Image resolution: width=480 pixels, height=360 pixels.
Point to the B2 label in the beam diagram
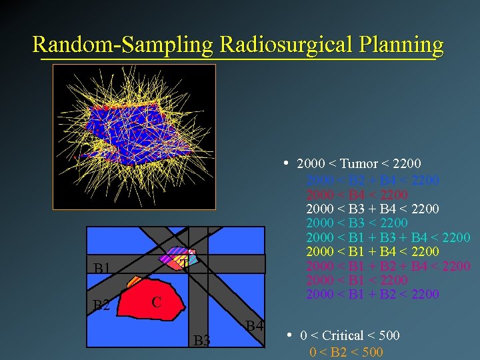(101, 306)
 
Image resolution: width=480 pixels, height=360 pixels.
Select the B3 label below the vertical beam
(202, 341)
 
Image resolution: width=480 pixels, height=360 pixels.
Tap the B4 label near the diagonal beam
(254, 326)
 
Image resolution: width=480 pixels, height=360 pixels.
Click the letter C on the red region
(155, 301)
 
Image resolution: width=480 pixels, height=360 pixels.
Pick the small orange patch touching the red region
(133, 281)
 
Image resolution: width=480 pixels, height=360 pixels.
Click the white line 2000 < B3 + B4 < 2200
(372, 209)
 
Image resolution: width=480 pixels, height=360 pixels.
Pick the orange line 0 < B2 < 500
(346, 352)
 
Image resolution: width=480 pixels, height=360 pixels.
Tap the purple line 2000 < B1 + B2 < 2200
(372, 294)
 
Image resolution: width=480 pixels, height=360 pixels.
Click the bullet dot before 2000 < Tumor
(285, 163)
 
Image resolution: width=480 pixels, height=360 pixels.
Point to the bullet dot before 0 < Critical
(289, 335)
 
